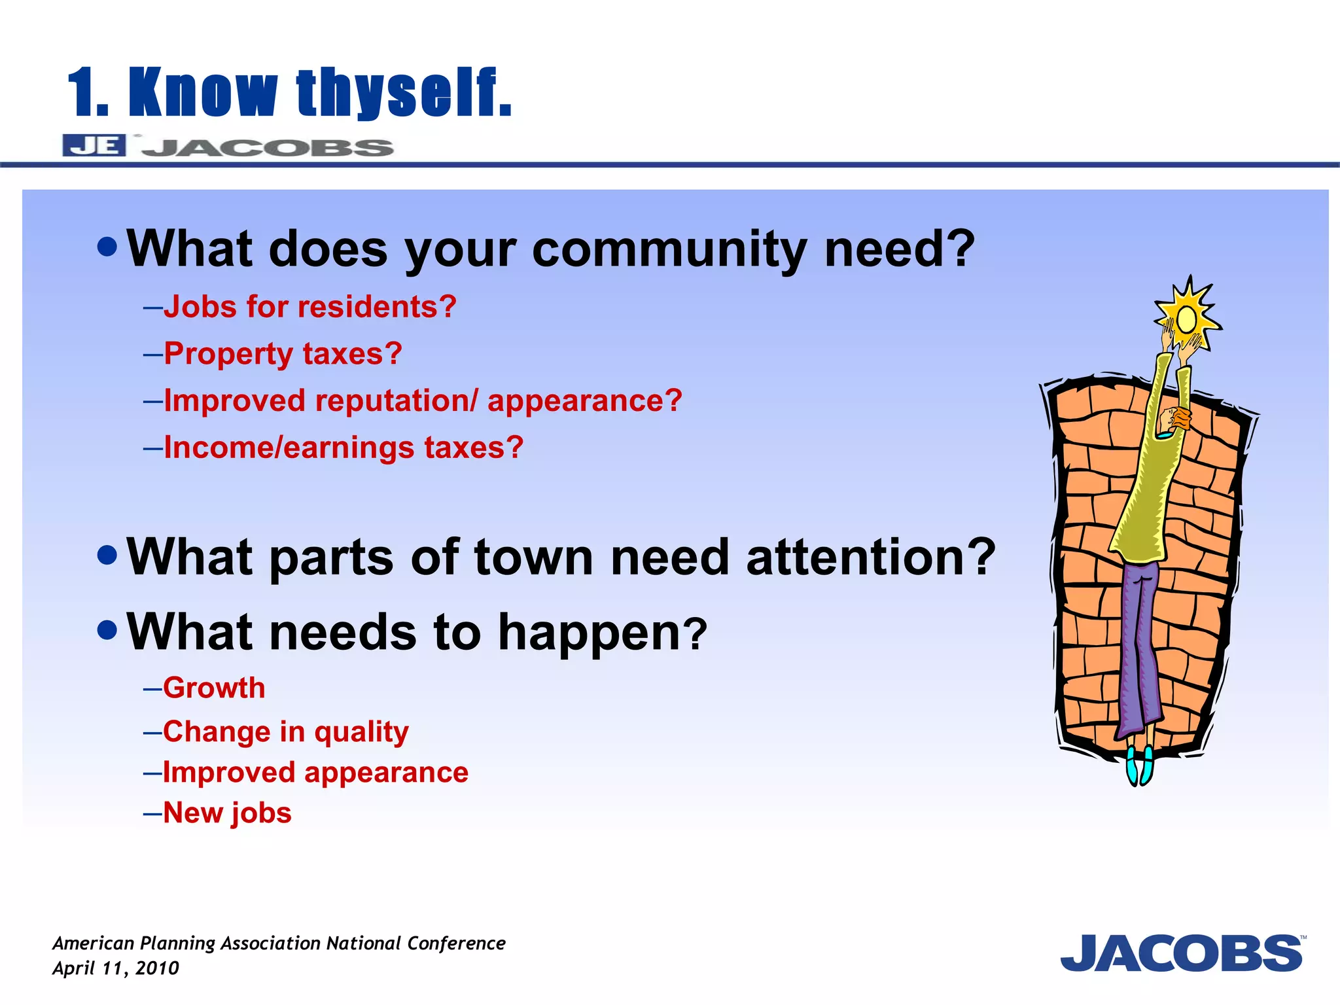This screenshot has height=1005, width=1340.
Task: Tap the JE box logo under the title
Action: coord(94,145)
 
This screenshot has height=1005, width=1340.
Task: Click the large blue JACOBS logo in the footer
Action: coord(1182,954)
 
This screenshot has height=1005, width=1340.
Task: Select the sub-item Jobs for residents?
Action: coord(309,306)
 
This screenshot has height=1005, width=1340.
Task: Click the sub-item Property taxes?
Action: coord(283,353)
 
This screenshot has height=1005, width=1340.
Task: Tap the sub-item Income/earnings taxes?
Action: coord(344,448)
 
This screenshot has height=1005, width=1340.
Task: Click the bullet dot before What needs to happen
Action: coord(107,631)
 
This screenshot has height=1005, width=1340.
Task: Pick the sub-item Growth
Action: coord(214,688)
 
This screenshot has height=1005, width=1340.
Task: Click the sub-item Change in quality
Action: coord(285,732)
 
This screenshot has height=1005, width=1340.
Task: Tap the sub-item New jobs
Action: coord(227,813)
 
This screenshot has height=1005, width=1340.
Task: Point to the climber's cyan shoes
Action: coord(1139,766)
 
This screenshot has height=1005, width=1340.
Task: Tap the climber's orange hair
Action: coord(1182,417)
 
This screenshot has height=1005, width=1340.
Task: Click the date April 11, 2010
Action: coord(115,968)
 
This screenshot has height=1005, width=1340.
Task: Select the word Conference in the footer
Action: coord(456,943)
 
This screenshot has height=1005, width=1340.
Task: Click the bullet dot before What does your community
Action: coord(107,247)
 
